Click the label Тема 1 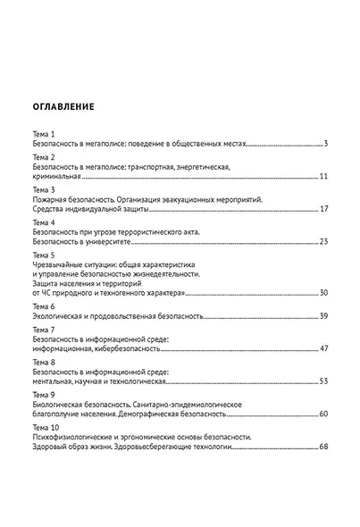tap(42, 133)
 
